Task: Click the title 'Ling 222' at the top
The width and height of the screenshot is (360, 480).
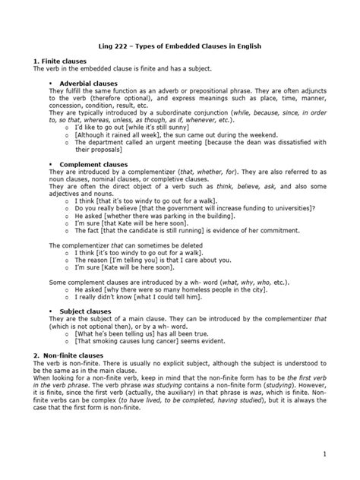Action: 116,46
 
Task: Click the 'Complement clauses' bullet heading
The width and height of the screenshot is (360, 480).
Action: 90,164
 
